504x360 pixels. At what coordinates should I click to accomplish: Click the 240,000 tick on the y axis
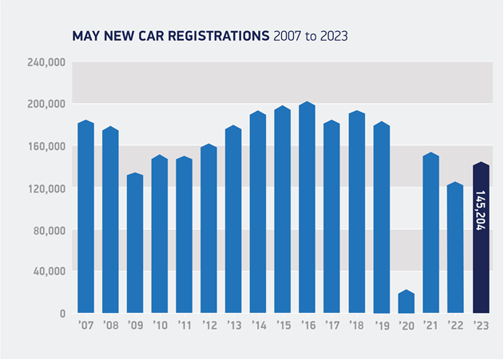click(x=46, y=62)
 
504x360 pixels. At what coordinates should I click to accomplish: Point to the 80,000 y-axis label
click(x=50, y=230)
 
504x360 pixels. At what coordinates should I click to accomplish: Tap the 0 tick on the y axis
click(x=62, y=314)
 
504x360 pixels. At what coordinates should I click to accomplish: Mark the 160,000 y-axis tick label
click(x=46, y=146)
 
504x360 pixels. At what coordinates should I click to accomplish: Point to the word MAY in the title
click(x=85, y=37)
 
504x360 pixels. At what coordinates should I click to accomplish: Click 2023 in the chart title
click(x=334, y=37)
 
